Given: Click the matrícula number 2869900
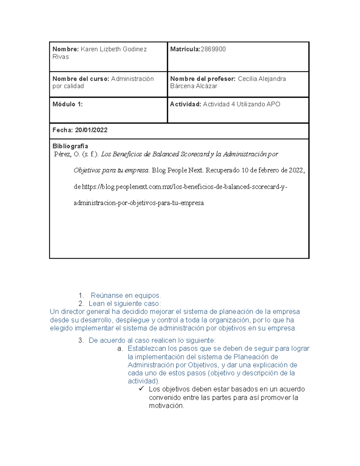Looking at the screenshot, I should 213,49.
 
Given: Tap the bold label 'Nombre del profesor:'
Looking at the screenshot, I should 203,79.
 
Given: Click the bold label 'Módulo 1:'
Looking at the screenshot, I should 67,104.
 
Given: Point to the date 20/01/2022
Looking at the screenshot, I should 91,130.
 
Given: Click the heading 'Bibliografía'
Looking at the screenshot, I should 70,146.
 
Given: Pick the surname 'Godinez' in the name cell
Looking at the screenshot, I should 135,49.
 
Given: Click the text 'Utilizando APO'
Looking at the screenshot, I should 258,104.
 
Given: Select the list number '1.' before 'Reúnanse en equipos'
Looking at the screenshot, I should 81,296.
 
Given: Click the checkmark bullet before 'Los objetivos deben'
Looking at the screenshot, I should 141,389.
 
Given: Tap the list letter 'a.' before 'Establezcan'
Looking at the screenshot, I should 120,349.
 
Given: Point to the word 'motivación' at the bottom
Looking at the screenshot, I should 166,406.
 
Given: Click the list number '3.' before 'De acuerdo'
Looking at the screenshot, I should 81,341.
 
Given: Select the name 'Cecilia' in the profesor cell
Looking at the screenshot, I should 247,79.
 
